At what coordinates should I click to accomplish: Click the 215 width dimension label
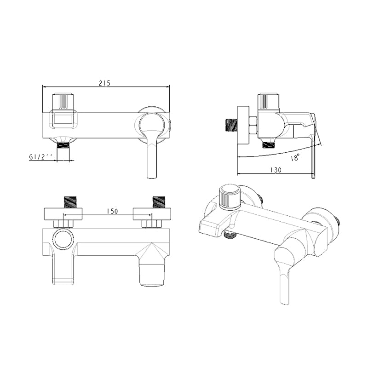coord(104,83)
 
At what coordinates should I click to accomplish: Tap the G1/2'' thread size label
coord(40,157)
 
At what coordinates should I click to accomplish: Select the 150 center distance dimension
coord(112,211)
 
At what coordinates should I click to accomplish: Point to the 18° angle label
coord(295,158)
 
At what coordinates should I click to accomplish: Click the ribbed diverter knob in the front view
coord(63,101)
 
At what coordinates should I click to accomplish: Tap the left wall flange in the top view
coord(63,214)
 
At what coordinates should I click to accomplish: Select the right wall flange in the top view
coord(152,214)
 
